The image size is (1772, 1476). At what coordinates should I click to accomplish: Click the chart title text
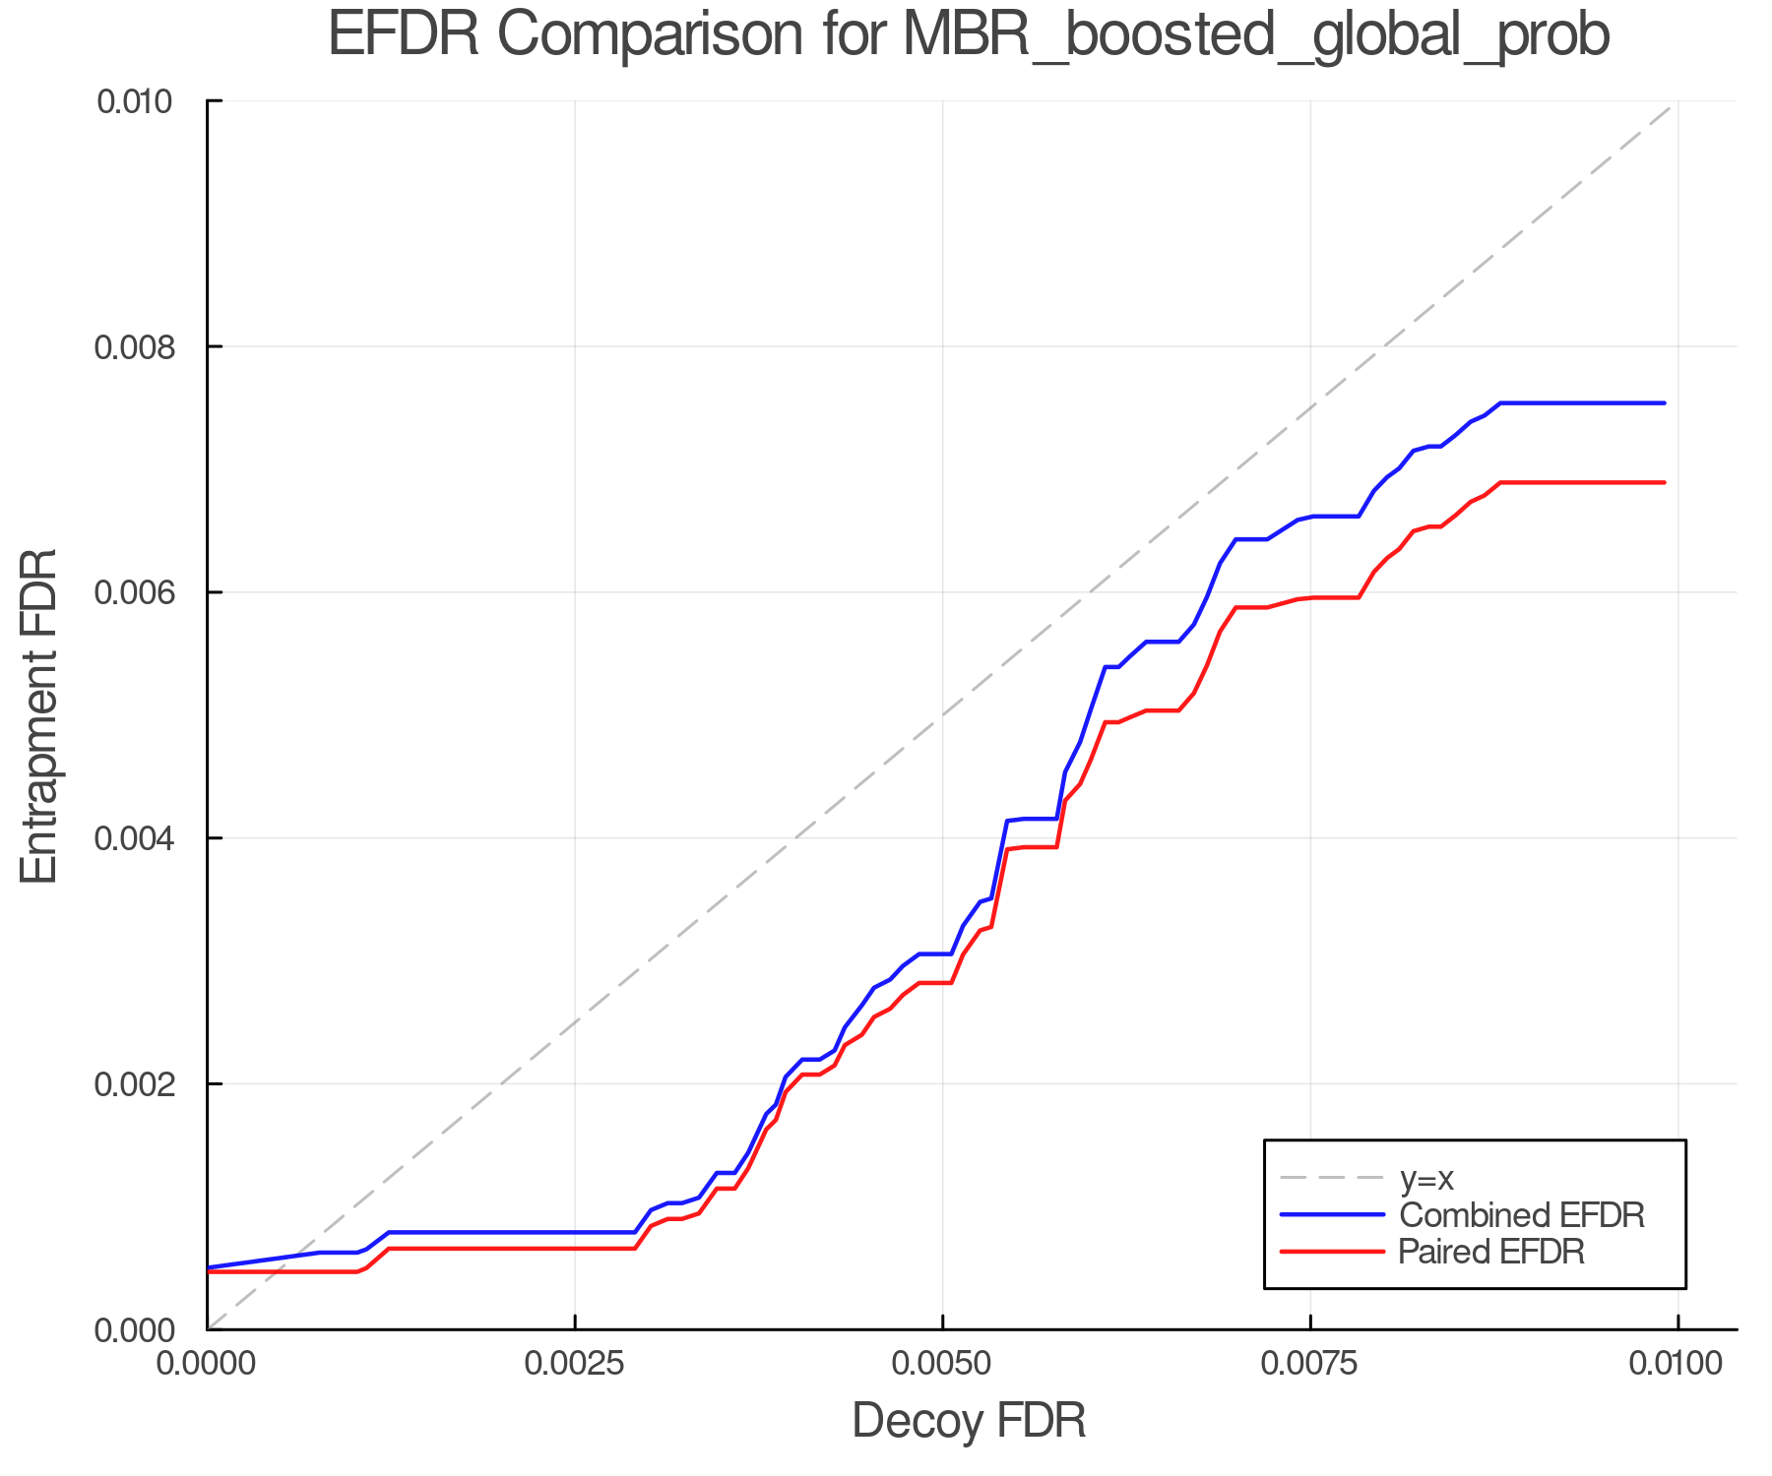pos(969,35)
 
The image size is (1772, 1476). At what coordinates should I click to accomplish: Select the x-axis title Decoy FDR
pos(969,1420)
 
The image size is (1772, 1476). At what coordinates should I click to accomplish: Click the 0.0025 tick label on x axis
pos(574,1363)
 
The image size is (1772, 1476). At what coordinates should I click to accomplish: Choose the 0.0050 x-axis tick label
pos(942,1363)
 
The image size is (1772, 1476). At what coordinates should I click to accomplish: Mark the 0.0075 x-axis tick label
pos(1310,1363)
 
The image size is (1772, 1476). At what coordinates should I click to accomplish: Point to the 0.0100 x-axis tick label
pos(1677,1363)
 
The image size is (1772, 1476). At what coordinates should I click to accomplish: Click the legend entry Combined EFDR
pos(1521,1215)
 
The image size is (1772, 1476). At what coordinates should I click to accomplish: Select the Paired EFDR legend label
pos(1490,1252)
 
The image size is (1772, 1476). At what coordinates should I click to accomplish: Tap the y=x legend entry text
pos(1426,1178)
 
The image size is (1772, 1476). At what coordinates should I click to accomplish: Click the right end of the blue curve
pos(1664,403)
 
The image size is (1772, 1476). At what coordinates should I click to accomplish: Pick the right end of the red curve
pos(1664,482)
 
